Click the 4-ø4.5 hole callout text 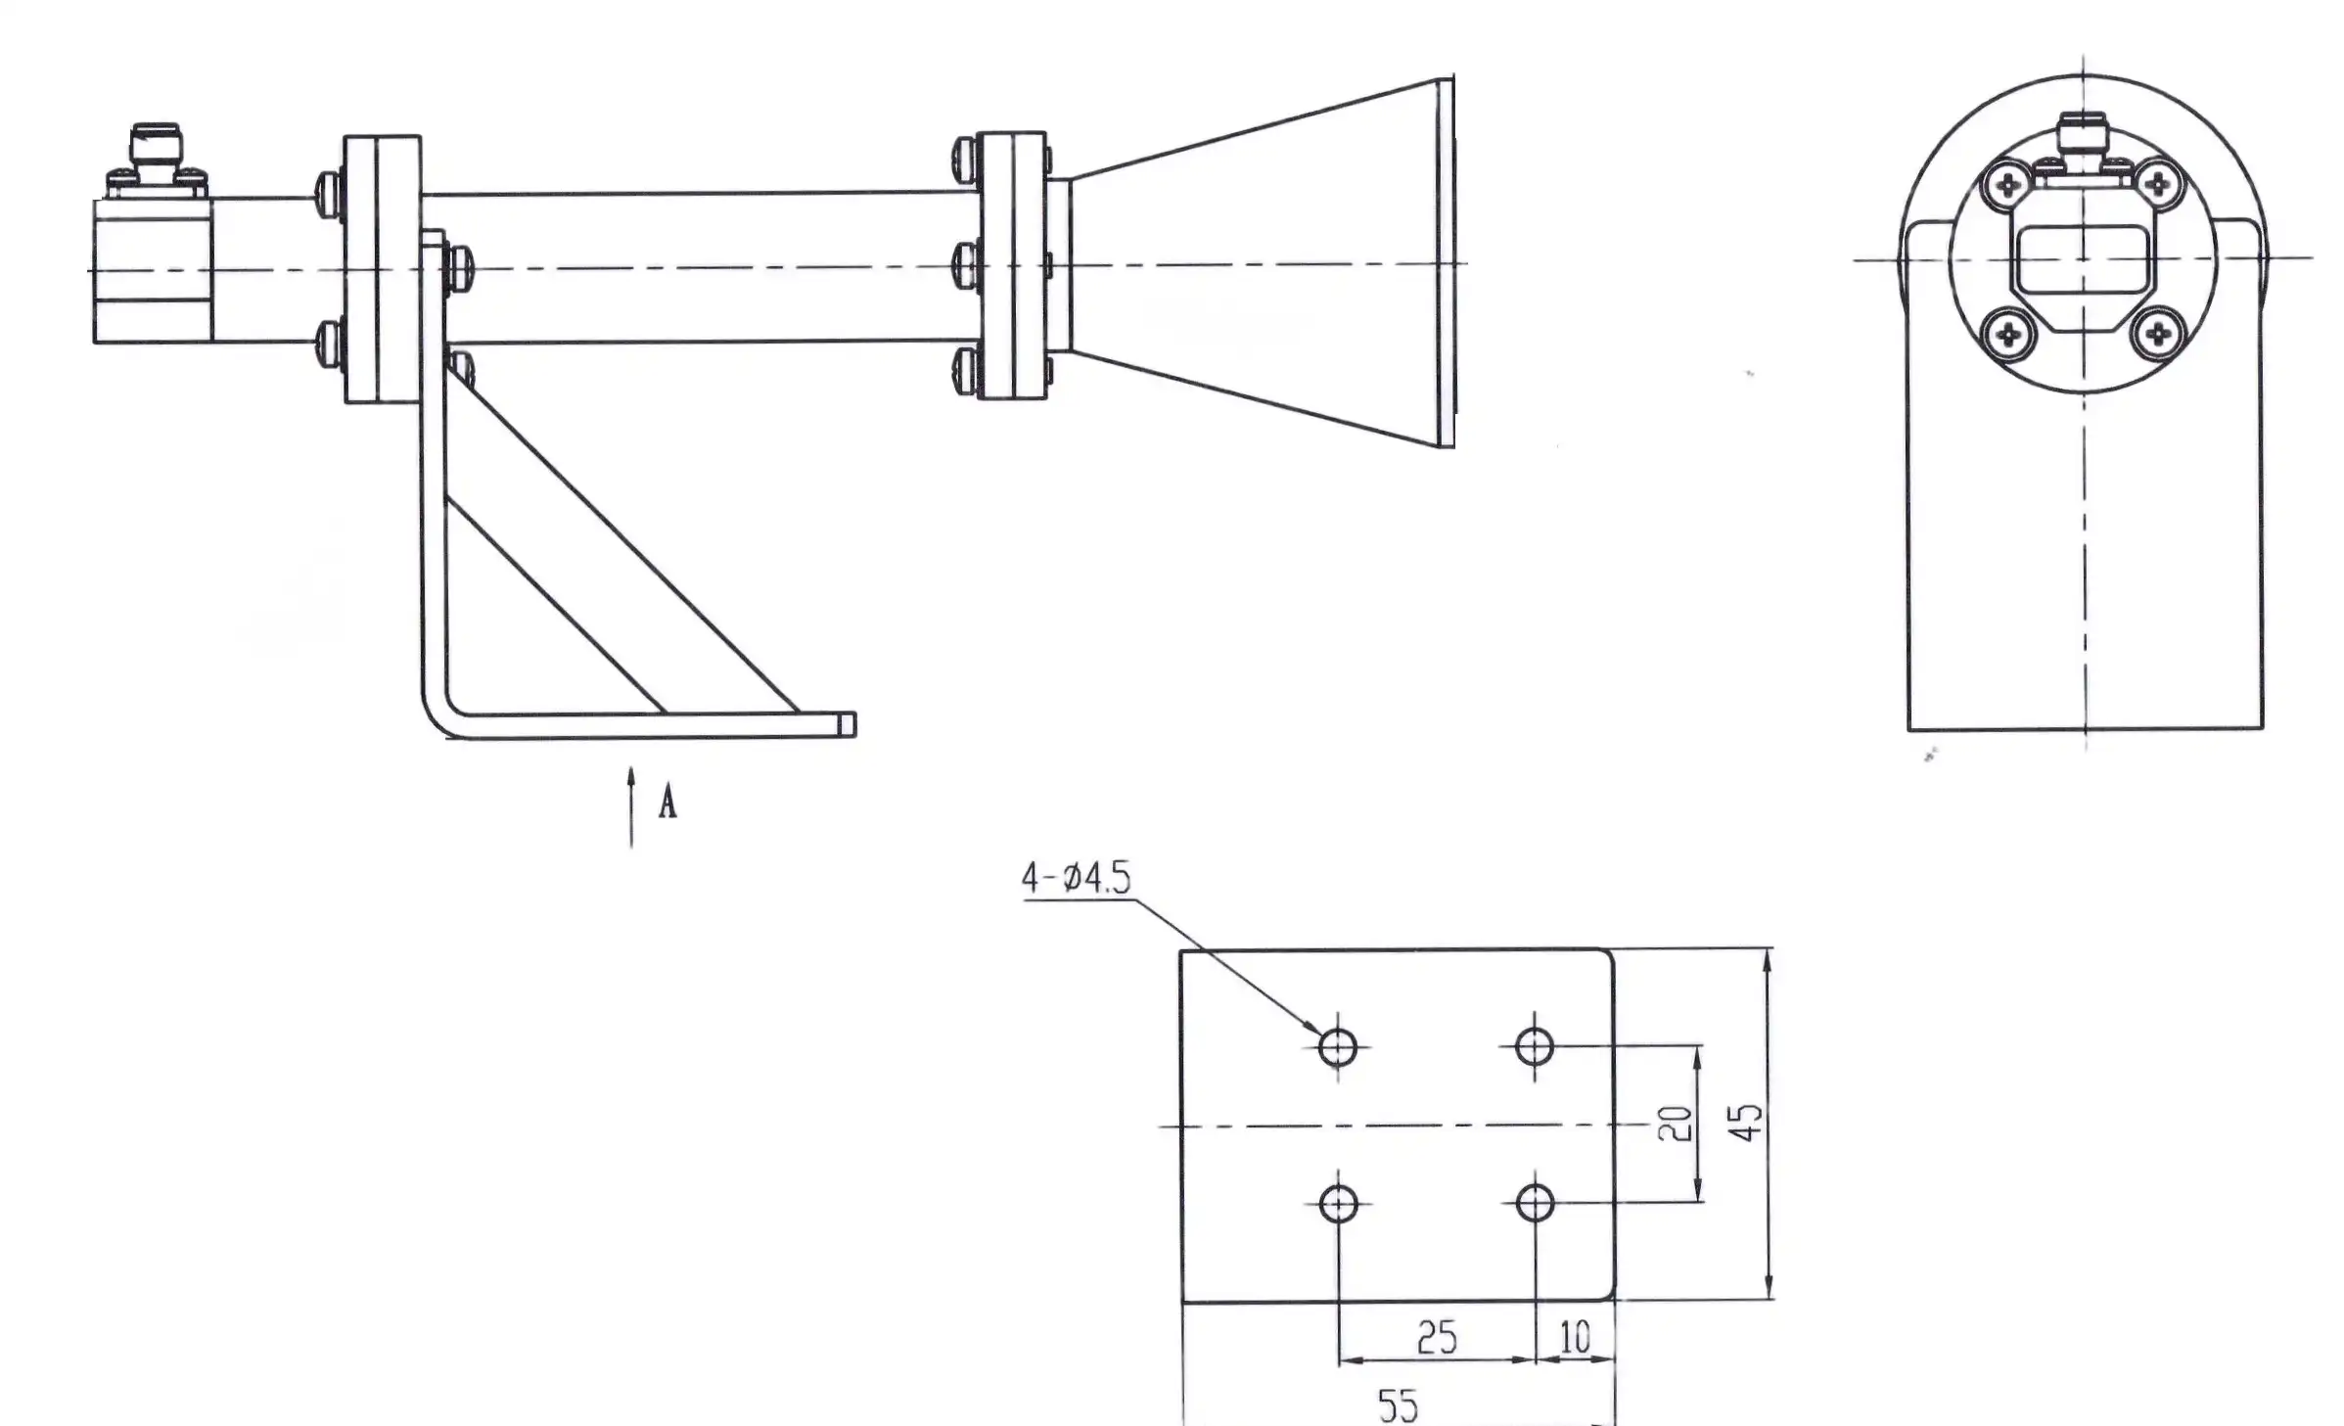[1076, 877]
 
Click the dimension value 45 [1747, 1122]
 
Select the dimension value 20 [1674, 1124]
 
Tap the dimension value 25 [1437, 1337]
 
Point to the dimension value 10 [1574, 1337]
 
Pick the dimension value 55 [1398, 1405]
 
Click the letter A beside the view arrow [667, 803]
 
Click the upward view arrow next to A [631, 807]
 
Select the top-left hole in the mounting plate [1337, 1047]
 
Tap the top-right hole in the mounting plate [1534, 1045]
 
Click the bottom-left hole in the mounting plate [1338, 1204]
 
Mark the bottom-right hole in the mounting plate [1535, 1203]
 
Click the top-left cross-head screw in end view [2008, 185]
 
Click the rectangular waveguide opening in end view [2083, 258]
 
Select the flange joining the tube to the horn [1012, 265]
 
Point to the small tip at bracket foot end [848, 724]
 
